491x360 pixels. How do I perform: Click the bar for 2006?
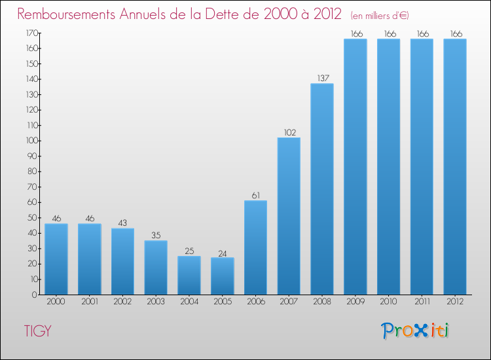coord(255,247)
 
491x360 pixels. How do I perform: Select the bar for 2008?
coord(322,189)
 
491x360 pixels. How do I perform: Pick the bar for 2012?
coord(455,167)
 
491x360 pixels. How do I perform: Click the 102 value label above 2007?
coord(289,132)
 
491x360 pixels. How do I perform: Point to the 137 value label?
coord(322,78)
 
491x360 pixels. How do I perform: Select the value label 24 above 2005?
coord(222,252)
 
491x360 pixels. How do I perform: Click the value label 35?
coord(156,235)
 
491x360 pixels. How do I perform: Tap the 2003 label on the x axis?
coord(156,302)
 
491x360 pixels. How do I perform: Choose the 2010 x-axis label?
coord(388,302)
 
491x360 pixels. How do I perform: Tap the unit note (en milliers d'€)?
coord(379,15)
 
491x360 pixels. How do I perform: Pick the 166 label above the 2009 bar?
coord(355,33)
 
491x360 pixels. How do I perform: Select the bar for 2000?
coord(56,259)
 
